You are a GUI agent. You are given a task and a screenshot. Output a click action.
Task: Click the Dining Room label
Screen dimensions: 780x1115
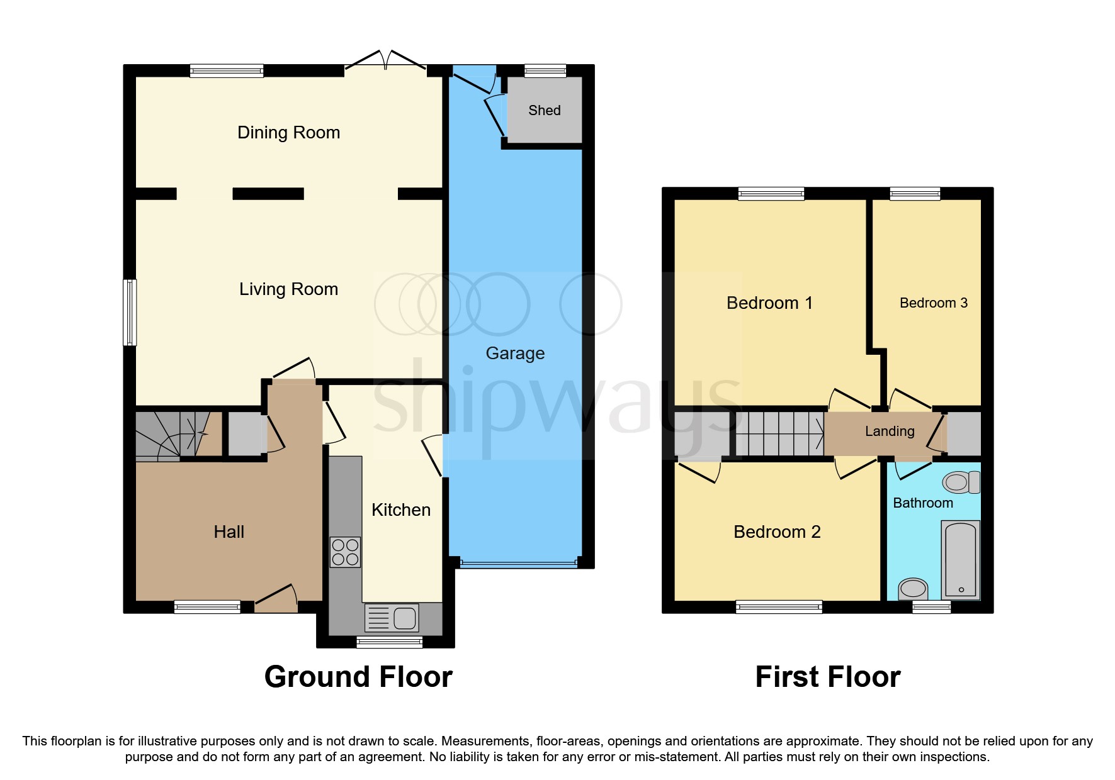288,133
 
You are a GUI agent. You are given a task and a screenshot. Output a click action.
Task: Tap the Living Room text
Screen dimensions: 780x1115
288,289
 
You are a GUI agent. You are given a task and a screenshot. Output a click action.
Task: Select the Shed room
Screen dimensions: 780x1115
545,111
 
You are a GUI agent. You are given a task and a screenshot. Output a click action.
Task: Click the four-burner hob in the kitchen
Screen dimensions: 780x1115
345,552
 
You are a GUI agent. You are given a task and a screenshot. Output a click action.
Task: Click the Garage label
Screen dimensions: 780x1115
515,354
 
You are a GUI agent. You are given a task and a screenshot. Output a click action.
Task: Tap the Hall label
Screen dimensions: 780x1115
229,532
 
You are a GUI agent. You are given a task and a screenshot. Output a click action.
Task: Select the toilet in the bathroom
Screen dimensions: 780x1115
961,482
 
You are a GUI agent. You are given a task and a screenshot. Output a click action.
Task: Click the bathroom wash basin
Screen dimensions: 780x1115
913,589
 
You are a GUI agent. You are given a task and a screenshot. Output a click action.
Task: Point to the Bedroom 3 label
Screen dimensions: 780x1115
933,303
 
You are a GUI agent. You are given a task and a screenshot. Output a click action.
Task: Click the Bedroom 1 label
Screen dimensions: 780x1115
769,303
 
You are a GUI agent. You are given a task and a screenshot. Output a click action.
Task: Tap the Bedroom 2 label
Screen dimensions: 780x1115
777,532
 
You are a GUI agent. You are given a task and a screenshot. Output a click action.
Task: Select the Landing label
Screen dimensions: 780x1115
889,432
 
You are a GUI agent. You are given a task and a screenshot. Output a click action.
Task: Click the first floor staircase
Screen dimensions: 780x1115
779,433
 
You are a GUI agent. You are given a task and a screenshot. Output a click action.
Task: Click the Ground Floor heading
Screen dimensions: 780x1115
358,677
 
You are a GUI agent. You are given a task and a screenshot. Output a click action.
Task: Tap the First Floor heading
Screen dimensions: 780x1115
827,677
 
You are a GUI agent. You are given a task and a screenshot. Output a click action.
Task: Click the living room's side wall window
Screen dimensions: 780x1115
129,313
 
